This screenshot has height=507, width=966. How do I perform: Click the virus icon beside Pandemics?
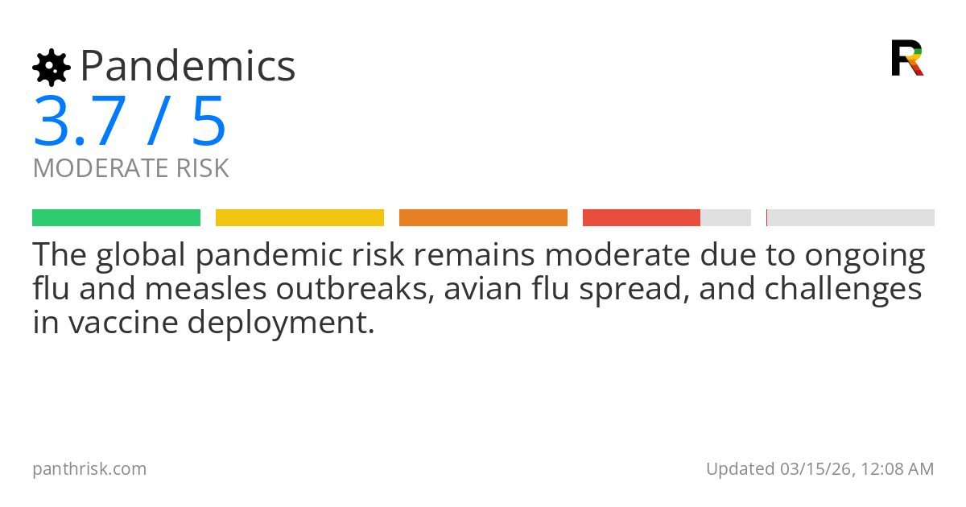(51, 67)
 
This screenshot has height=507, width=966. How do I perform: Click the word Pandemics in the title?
(188, 66)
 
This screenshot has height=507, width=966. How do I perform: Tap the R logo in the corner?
(906, 58)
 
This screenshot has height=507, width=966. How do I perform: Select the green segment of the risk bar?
(116, 217)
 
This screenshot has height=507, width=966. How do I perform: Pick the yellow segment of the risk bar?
(299, 217)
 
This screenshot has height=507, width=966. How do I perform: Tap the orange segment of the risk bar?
(483, 217)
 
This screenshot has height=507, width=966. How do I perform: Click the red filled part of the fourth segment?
(642, 217)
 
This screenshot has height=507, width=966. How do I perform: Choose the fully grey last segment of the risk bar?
(851, 217)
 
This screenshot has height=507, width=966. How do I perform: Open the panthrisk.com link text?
(89, 469)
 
